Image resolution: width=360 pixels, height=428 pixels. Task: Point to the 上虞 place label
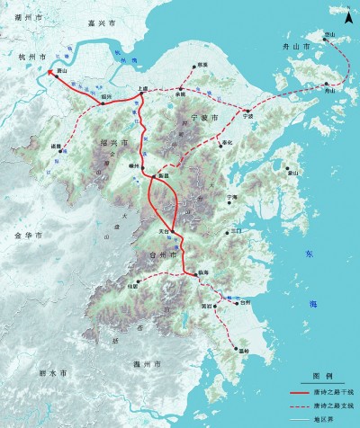(x=141, y=88)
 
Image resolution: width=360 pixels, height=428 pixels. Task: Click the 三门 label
(x=237, y=231)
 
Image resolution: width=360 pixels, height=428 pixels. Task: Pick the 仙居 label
(x=133, y=287)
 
